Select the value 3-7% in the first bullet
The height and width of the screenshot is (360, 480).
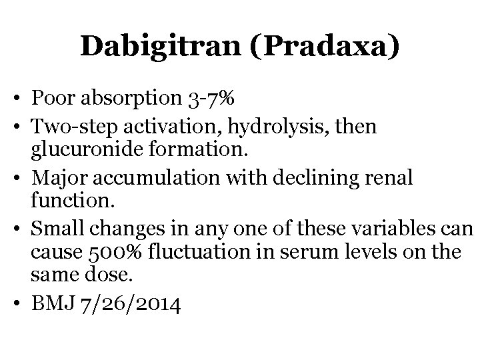(x=210, y=100)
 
